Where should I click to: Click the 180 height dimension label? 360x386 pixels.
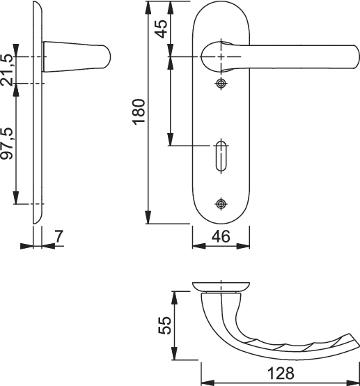(139, 111)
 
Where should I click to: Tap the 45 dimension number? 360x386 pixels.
(162, 29)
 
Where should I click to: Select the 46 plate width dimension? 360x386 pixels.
(221, 236)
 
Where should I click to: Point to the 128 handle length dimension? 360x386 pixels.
(281, 373)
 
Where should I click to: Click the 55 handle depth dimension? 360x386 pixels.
(164, 325)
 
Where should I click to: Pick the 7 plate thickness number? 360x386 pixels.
(58, 236)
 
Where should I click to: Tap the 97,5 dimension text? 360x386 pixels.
(6, 144)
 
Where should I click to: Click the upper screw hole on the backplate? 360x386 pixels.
(221, 84)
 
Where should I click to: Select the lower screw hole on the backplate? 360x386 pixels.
(221, 203)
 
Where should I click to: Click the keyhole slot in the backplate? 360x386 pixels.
(221, 156)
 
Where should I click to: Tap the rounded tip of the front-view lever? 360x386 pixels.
(356, 56)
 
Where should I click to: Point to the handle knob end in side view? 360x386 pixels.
(107, 57)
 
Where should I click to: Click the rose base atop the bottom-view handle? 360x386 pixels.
(221, 287)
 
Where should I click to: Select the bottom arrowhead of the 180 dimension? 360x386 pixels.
(148, 217)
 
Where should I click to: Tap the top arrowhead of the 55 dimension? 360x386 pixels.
(174, 298)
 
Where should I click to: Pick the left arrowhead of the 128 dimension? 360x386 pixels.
(208, 383)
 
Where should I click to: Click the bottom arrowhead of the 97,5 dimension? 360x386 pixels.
(16, 198)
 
